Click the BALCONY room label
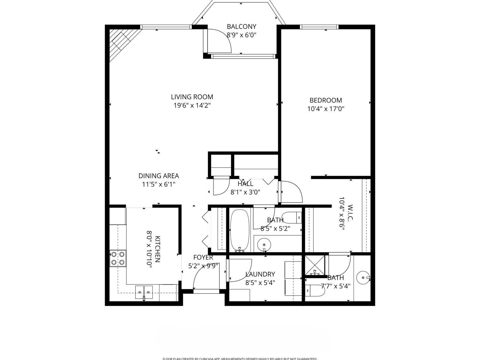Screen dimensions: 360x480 pos(241,26)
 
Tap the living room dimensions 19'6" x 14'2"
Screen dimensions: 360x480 pos(192,105)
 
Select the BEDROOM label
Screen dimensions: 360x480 pos(325,100)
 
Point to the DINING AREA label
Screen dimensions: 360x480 pos(159,176)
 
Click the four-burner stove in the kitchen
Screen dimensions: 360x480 pos(118,258)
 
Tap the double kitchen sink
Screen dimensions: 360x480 pos(144,292)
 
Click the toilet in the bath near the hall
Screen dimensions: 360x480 pos(292,217)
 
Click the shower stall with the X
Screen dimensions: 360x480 pos(315,265)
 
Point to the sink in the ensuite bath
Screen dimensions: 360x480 pos(363,277)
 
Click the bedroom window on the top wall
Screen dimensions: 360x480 pos(319,27)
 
